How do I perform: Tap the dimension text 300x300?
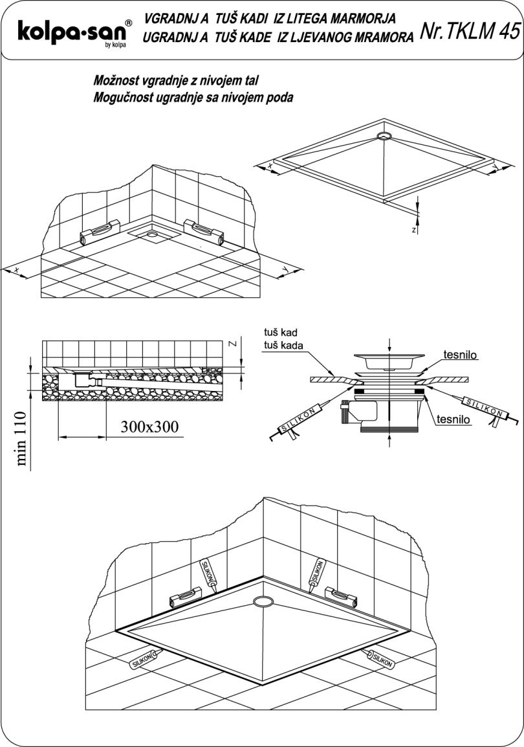coord(149,427)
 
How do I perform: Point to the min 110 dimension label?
coord(23,438)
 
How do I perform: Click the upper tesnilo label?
coord(461,355)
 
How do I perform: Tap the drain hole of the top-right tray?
coord(384,135)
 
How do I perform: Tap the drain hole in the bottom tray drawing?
coord(263,602)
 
